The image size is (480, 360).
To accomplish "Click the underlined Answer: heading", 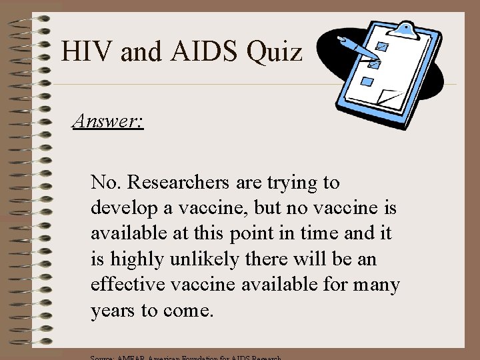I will [x=108, y=121].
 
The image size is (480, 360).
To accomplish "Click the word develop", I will [x=121, y=208].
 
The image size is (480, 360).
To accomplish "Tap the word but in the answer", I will [x=267, y=208].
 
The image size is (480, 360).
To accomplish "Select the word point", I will [x=251, y=233].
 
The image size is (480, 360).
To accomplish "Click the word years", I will [x=111, y=311].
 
